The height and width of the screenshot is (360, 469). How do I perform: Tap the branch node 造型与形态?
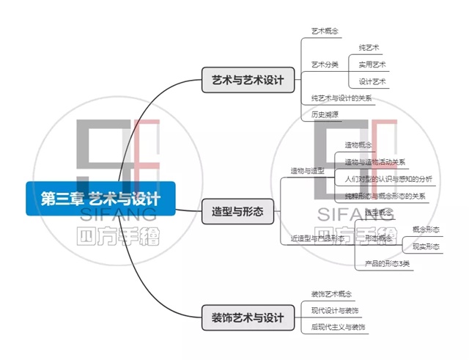coord(237,213)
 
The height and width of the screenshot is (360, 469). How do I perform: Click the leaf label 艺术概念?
coord(325,32)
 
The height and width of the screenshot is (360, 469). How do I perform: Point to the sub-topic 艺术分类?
coord(325,65)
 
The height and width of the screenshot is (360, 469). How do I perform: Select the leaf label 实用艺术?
coord(372,65)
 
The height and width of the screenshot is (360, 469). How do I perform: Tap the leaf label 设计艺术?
coord(372,81)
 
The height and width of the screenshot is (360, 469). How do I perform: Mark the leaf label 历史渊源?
coord(325,114)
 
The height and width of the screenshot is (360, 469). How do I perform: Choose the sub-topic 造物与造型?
coord(307,171)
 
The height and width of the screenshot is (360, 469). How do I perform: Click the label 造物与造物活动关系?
coord(375,162)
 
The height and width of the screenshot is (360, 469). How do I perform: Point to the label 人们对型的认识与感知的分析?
coord(388,179)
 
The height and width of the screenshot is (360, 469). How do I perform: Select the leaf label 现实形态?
coord(426,247)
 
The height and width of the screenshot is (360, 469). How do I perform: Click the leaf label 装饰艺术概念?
coord(331,294)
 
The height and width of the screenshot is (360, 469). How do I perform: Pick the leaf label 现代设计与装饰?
coord(335,310)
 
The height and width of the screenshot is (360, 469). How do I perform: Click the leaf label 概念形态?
coord(426,229)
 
